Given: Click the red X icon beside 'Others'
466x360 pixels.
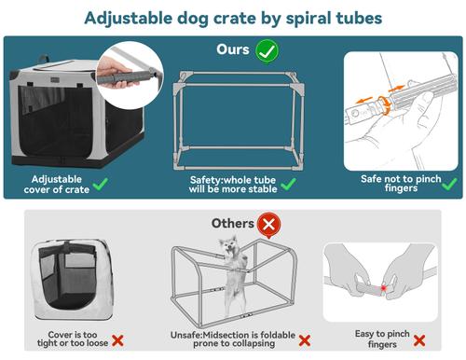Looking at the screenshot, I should pyautogui.click(x=270, y=223).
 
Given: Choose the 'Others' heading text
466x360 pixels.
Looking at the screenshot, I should pyautogui.click(x=233, y=223).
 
